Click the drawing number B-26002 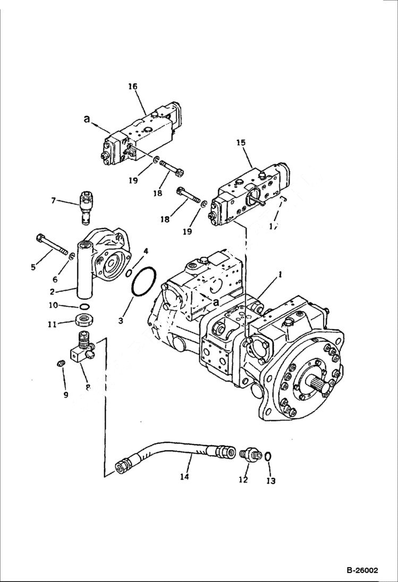[x=362, y=570]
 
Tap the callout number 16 [x=132, y=86]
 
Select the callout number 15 [x=241, y=143]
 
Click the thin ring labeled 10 [x=84, y=307]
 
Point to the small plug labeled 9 [x=61, y=363]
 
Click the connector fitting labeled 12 [x=249, y=455]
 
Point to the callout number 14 [x=184, y=477]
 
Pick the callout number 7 [x=53, y=201]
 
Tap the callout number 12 [x=243, y=480]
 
